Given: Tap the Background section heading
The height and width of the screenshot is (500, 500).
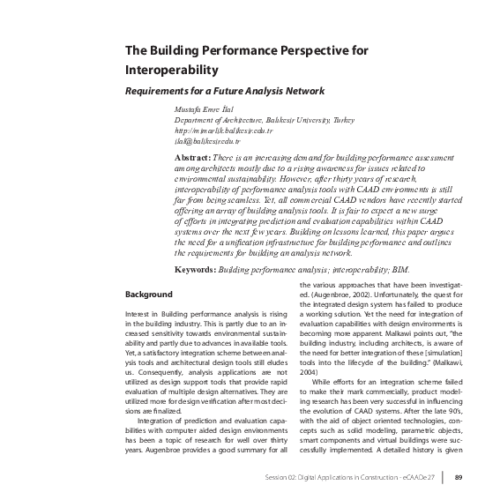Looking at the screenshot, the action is coord(149,292).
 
